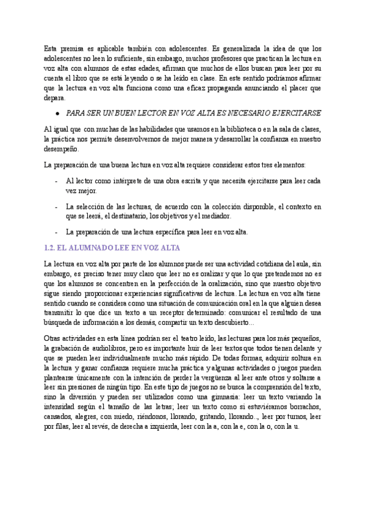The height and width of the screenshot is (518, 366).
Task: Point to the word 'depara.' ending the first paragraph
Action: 54,97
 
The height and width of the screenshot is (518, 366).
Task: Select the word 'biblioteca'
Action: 227,129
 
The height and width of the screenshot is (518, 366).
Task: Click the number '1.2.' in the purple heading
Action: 52,248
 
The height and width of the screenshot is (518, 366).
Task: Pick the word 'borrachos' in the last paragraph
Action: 304,407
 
